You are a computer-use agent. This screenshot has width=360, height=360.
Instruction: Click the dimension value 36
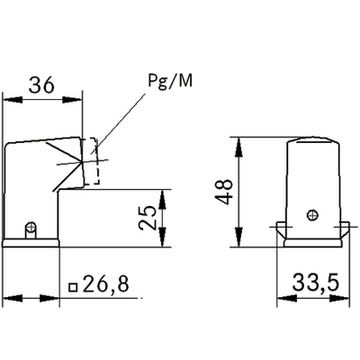tap(41, 86)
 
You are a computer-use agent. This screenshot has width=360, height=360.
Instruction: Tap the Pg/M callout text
tap(170, 81)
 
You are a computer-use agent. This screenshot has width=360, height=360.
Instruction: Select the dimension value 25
tap(148, 217)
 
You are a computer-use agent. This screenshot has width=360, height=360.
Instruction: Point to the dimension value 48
tap(224, 192)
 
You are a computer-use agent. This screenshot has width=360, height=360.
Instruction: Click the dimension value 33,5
tap(316, 283)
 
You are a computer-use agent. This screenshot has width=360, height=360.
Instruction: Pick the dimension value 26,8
tap(105, 284)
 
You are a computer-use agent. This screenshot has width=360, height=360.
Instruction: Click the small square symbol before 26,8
tap(73, 287)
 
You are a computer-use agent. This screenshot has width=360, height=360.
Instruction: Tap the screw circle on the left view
tap(31, 227)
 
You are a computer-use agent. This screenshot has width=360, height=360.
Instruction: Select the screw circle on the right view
tap(313, 215)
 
